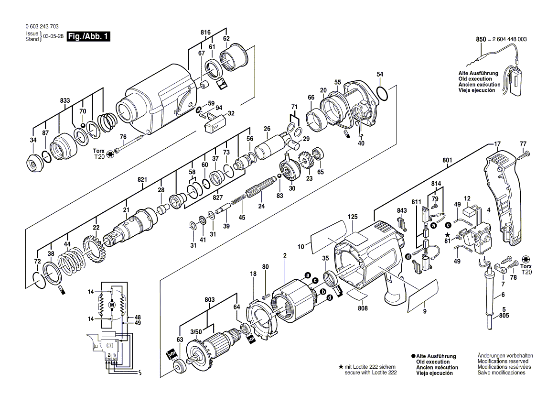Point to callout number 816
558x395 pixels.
[x=205, y=32]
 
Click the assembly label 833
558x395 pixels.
[x=65, y=101]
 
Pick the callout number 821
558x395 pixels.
[x=142, y=179]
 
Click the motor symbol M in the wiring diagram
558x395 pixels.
[x=112, y=305]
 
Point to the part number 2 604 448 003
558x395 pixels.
[x=507, y=39]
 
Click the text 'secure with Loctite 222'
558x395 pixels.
[x=371, y=372]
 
